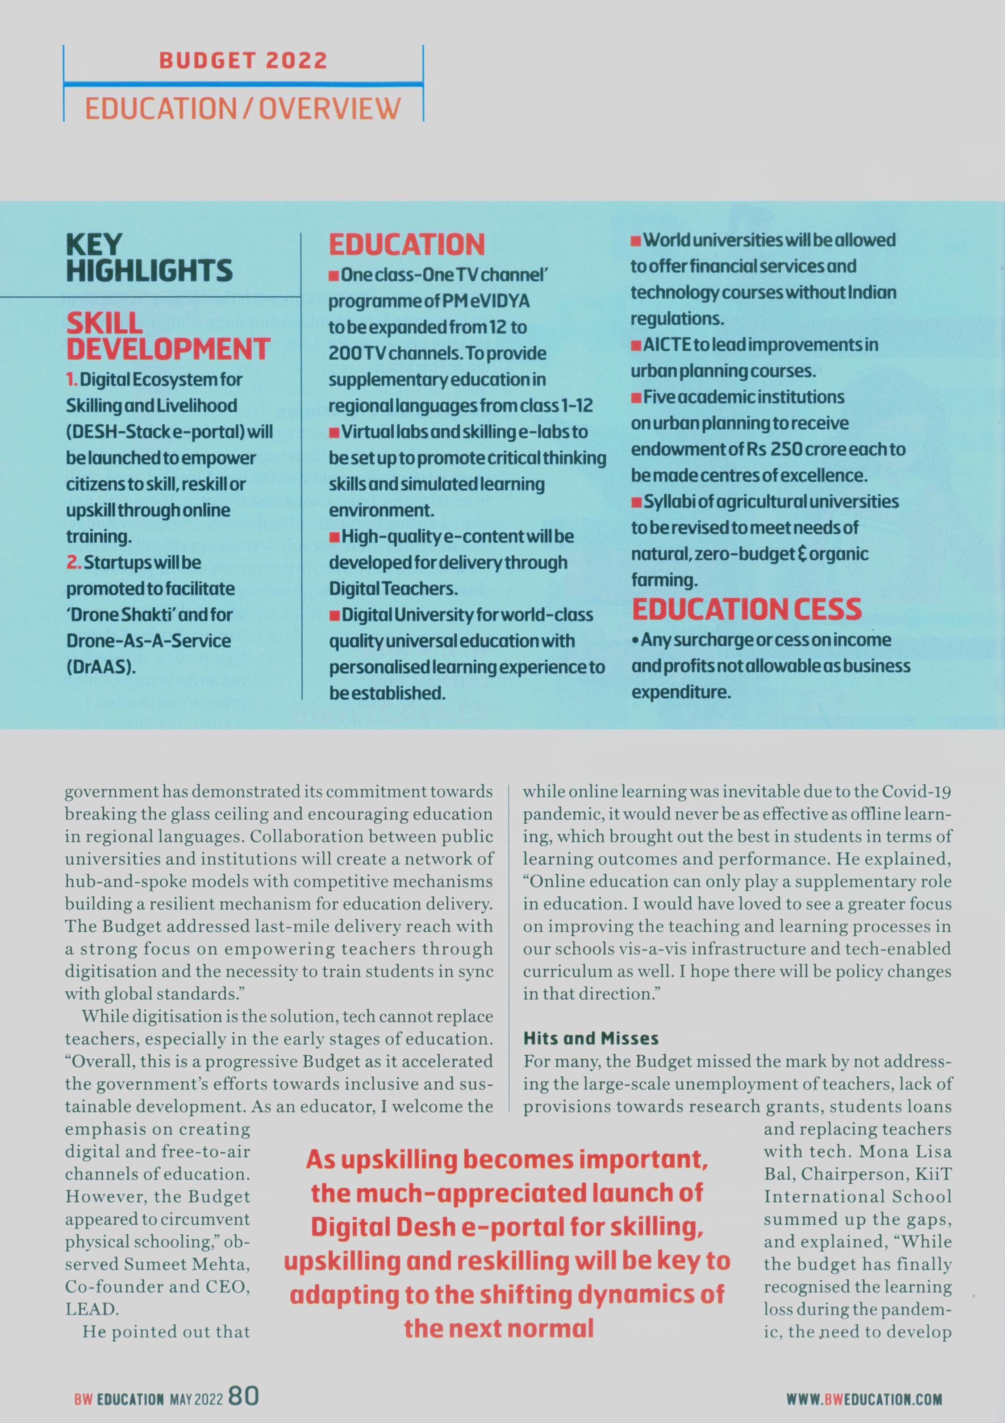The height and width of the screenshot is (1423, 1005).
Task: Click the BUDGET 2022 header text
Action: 243,61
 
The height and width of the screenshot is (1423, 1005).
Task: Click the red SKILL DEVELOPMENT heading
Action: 167,336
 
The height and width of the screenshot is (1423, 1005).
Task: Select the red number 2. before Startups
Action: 74,563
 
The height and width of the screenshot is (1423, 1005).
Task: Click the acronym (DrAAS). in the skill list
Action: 101,668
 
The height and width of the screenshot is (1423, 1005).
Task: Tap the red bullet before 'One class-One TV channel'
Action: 334,276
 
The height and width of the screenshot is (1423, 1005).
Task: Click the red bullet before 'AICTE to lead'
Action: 635,345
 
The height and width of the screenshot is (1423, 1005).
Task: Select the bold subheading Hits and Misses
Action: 591,1038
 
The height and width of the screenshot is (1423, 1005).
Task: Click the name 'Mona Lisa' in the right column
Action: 910,1152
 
